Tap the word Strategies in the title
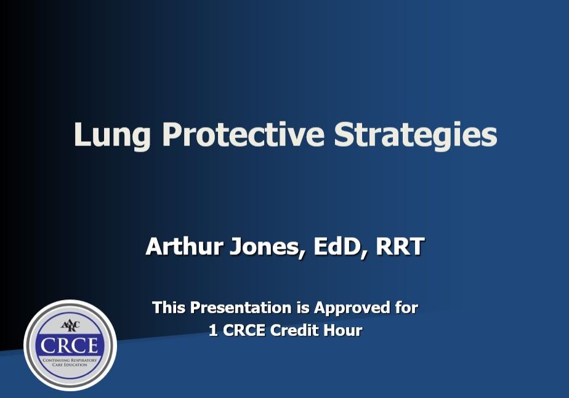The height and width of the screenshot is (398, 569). coord(416,136)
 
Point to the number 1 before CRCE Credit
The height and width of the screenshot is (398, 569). coord(213,330)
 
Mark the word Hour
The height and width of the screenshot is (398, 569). coord(344,330)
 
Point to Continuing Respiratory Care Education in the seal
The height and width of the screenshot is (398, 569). coord(70,362)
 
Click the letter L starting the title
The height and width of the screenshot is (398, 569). coord(81,134)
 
